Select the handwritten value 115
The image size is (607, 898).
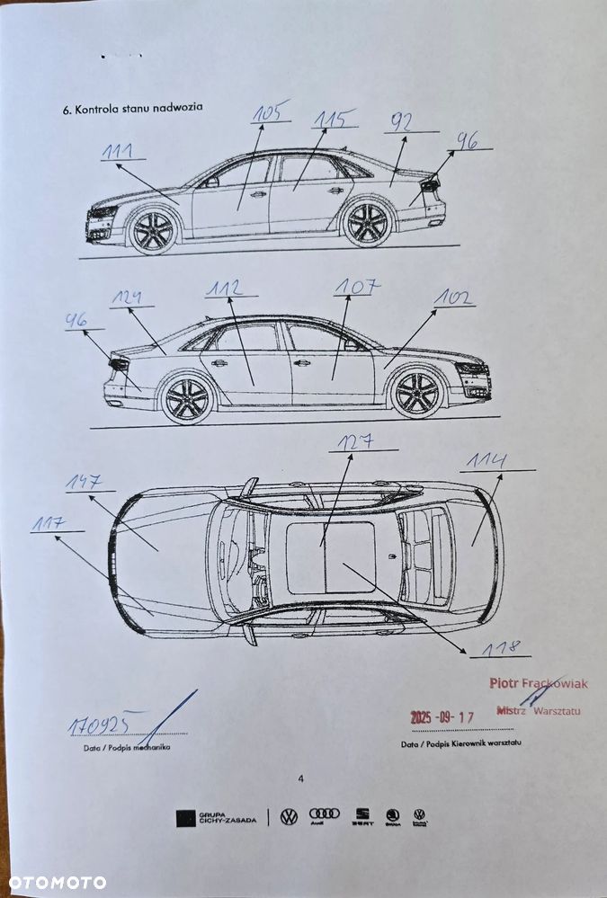pyautogui.click(x=333, y=119)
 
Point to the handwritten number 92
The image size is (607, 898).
pyautogui.click(x=402, y=123)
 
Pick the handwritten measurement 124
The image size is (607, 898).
pyautogui.click(x=125, y=297)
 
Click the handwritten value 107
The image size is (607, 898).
pyautogui.click(x=356, y=287)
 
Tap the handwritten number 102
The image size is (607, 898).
pyautogui.click(x=454, y=298)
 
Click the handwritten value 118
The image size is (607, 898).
pyautogui.click(x=499, y=647)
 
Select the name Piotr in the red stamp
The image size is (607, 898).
pyautogui.click(x=504, y=683)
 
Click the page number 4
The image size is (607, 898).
pyautogui.click(x=301, y=778)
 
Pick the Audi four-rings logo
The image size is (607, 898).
pyautogui.click(x=325, y=814)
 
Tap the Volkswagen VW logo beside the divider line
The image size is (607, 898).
pyautogui.click(x=289, y=816)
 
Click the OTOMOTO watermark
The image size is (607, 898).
pyautogui.click(x=54, y=882)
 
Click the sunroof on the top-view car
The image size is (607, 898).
pyautogui.click(x=330, y=557)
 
